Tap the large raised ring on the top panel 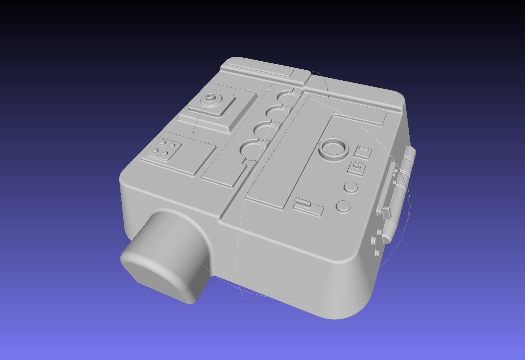pyautogui.click(x=333, y=148)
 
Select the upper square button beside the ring pyautogui.click(x=363, y=152)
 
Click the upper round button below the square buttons pyautogui.click(x=350, y=187)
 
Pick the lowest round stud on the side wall pyautogui.click(x=377, y=253)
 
